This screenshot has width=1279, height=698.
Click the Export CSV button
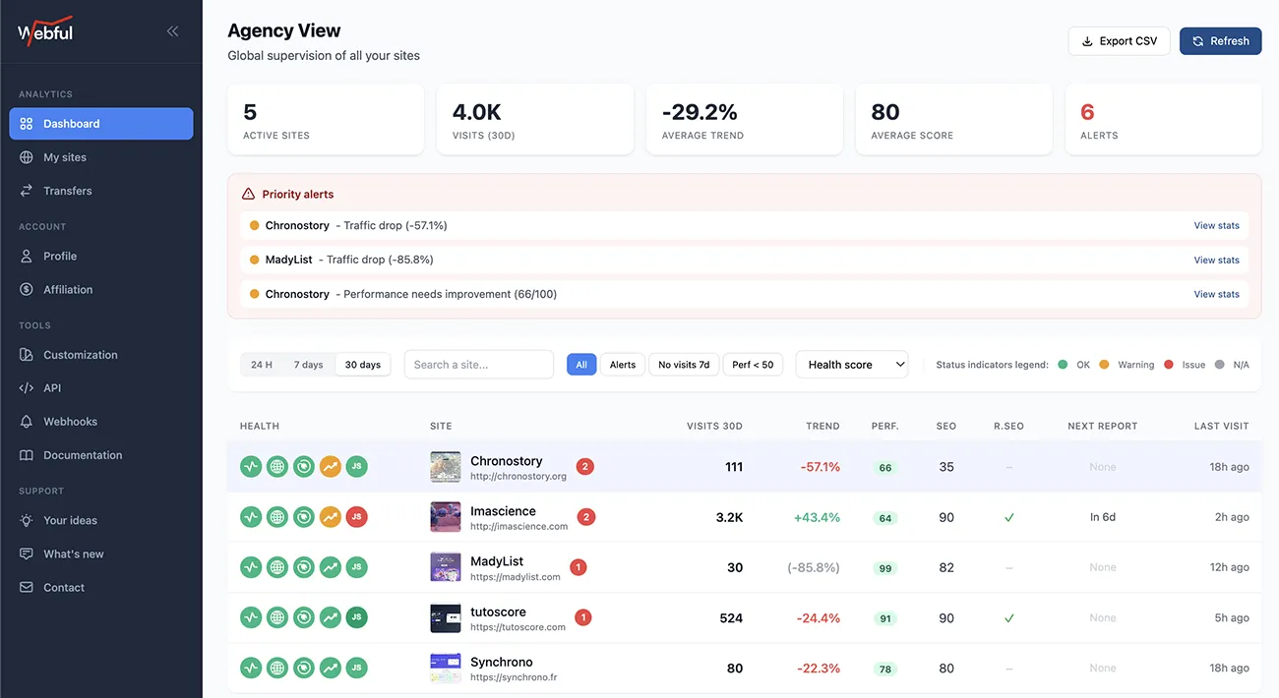pyautogui.click(x=1119, y=41)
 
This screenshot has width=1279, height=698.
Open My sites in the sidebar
pyautogui.click(x=65, y=157)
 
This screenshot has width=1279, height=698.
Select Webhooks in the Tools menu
pyautogui.click(x=70, y=422)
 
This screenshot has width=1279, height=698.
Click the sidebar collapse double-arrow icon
pyautogui.click(x=172, y=31)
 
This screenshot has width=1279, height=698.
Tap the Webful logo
pyautogui.click(x=45, y=31)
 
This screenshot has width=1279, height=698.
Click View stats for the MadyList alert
pyautogui.click(x=1216, y=261)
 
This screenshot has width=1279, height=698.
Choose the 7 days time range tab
pyautogui.click(x=308, y=365)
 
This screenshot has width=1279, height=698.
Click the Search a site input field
pyautogui.click(x=478, y=365)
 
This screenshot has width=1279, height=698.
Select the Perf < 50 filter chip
pyautogui.click(x=754, y=365)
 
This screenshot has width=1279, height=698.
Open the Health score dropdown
pyautogui.click(x=851, y=365)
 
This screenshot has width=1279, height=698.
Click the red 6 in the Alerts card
pyautogui.click(x=1087, y=112)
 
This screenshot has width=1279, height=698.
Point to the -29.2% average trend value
pyautogui.click(x=700, y=112)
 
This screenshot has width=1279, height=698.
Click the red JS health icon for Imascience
pyautogui.click(x=357, y=517)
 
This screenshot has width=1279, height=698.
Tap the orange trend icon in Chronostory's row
pyautogui.click(x=331, y=467)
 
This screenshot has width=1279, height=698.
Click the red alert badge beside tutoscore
pyautogui.click(x=582, y=618)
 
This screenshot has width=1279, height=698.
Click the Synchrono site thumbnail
pyautogui.click(x=446, y=669)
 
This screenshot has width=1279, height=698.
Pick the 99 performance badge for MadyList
pyautogui.click(x=885, y=568)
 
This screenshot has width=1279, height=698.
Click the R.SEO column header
pyautogui.click(x=1008, y=426)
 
